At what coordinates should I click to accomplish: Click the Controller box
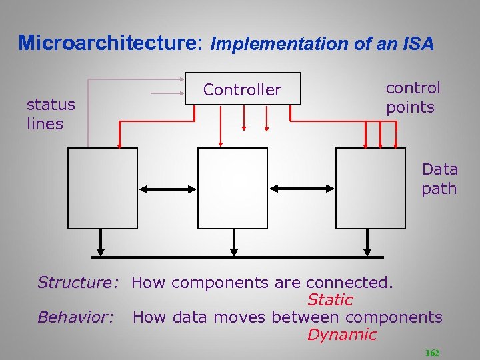coord(243,89)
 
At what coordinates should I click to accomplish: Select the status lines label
coord(51,114)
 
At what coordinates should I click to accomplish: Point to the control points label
coord(413,97)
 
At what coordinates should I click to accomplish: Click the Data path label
coord(439,179)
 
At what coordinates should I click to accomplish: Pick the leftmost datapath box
coord(103,188)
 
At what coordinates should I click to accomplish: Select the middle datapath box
coord(233,188)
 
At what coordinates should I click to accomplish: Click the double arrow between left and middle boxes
coord(168,189)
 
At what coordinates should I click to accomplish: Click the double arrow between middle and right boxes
coord(301,189)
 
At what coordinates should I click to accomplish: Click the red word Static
coord(329,301)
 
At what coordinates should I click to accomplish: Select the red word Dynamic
coord(342,335)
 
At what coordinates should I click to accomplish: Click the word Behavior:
coord(76,317)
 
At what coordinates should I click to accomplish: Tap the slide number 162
coord(432,353)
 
